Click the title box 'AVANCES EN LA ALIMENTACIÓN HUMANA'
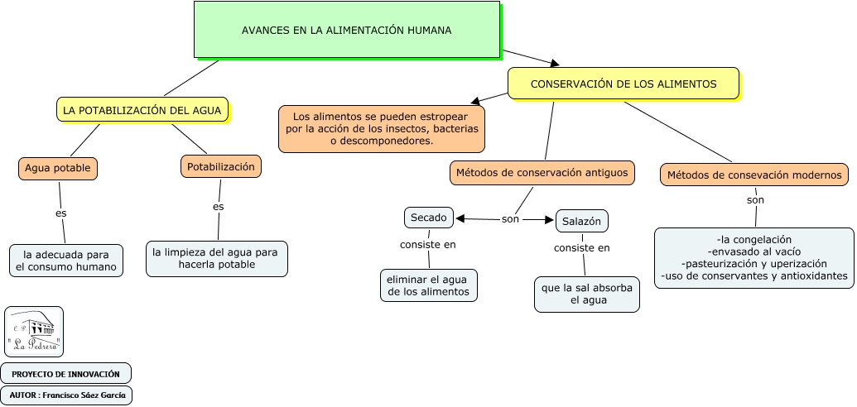(x=346, y=30)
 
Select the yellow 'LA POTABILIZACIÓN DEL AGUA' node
(x=142, y=110)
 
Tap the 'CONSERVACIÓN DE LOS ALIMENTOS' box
(x=623, y=84)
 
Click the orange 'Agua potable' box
(x=57, y=168)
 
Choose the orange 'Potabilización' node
(x=221, y=166)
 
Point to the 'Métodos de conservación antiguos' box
(x=542, y=173)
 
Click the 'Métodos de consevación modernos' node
(x=754, y=175)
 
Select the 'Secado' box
(x=429, y=218)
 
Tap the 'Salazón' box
(x=581, y=221)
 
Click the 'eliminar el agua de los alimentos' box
(x=429, y=285)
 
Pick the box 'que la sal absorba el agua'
(x=586, y=294)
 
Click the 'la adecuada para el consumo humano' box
(x=66, y=261)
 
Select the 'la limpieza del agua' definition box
(x=216, y=259)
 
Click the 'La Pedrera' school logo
(x=34, y=332)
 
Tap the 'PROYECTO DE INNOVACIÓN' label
(x=65, y=374)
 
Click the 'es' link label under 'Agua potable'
(x=60, y=213)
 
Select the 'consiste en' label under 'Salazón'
(x=581, y=247)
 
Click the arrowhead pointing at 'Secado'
(x=460, y=218)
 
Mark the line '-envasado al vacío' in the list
(x=753, y=251)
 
